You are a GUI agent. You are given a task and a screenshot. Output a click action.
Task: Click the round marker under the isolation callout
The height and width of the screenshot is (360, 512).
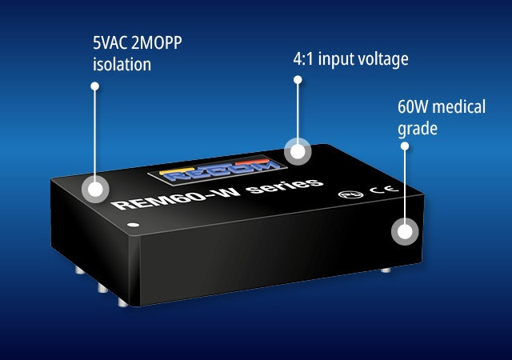tap(96, 190)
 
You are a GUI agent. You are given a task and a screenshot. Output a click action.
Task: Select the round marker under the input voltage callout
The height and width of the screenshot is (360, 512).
tap(298, 151)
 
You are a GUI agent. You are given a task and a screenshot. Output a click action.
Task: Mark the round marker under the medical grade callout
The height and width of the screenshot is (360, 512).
tap(404, 233)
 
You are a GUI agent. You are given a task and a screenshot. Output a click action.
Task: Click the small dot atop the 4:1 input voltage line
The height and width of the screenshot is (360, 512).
tap(298, 79)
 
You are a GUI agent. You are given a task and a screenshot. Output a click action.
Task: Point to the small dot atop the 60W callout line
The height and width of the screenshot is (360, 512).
tap(404, 146)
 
